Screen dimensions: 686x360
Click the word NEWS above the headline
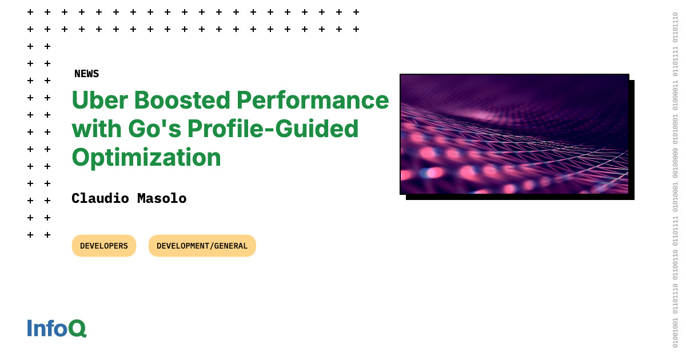click(x=87, y=74)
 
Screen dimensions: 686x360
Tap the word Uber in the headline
click(x=100, y=100)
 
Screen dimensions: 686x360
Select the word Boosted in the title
click(x=182, y=100)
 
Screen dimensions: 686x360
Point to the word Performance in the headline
click(x=313, y=100)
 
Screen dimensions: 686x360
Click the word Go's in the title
click(x=155, y=129)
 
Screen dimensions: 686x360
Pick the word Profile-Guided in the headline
click(x=273, y=129)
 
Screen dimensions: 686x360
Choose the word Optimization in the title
click(x=146, y=157)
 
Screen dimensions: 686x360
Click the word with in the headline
click(x=97, y=129)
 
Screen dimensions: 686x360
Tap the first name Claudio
click(x=100, y=198)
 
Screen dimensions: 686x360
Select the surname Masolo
click(x=162, y=198)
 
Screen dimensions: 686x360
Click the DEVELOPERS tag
click(x=104, y=246)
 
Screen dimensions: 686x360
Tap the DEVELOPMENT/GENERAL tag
click(x=202, y=246)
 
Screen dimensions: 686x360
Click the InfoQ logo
click(x=57, y=328)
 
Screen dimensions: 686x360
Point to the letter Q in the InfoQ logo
click(x=77, y=329)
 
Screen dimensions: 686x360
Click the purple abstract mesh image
click(x=514, y=134)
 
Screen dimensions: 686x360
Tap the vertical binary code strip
click(x=675, y=180)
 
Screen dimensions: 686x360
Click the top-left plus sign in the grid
click(x=30, y=12)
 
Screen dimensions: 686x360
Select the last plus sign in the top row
click(x=356, y=12)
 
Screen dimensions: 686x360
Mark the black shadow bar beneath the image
click(x=520, y=198)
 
